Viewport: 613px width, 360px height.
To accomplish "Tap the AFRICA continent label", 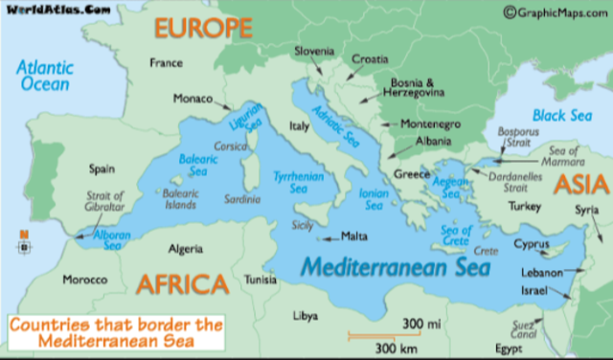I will click(182, 284).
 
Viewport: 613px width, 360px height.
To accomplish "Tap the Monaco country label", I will click(193, 99).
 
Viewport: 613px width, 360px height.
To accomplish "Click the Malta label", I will click(354, 236).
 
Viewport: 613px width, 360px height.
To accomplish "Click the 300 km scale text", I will click(395, 347).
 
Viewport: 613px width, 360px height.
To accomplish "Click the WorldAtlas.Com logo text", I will click(51, 9).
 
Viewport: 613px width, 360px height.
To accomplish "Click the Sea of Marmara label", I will click(564, 155).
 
